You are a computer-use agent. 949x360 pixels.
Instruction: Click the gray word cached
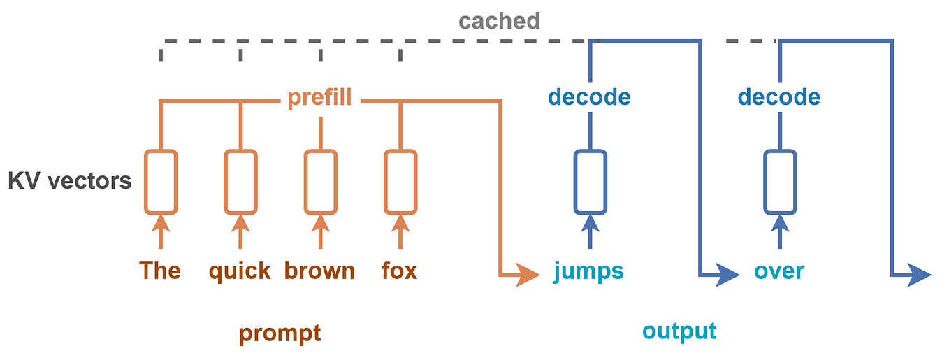pyautogui.click(x=499, y=21)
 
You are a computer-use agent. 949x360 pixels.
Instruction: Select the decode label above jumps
pyautogui.click(x=589, y=97)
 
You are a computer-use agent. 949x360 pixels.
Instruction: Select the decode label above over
pyautogui.click(x=778, y=97)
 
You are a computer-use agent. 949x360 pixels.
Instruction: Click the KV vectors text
pyautogui.click(x=69, y=181)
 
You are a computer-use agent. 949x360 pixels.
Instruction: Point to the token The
pyautogui.click(x=160, y=271)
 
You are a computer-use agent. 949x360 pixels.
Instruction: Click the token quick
pyautogui.click(x=240, y=271)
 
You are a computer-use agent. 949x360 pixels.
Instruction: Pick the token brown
pyautogui.click(x=319, y=271)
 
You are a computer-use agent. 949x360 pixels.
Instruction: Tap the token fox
pyautogui.click(x=400, y=271)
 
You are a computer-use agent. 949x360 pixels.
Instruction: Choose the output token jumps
pyautogui.click(x=588, y=271)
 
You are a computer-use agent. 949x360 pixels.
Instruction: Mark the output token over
pyautogui.click(x=779, y=271)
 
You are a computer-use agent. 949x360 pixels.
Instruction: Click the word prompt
pyautogui.click(x=280, y=333)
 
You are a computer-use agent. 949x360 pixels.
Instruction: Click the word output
pyautogui.click(x=679, y=331)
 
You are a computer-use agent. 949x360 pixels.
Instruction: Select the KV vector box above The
pyautogui.click(x=161, y=182)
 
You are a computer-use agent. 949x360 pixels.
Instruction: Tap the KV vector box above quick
pyautogui.click(x=240, y=182)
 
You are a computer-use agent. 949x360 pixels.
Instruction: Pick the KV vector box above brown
pyautogui.click(x=321, y=182)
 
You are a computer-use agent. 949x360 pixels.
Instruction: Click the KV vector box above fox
pyautogui.click(x=400, y=182)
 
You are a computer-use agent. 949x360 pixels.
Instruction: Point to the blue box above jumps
pyautogui.click(x=590, y=182)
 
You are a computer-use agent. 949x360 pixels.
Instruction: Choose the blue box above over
pyautogui.click(x=780, y=182)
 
